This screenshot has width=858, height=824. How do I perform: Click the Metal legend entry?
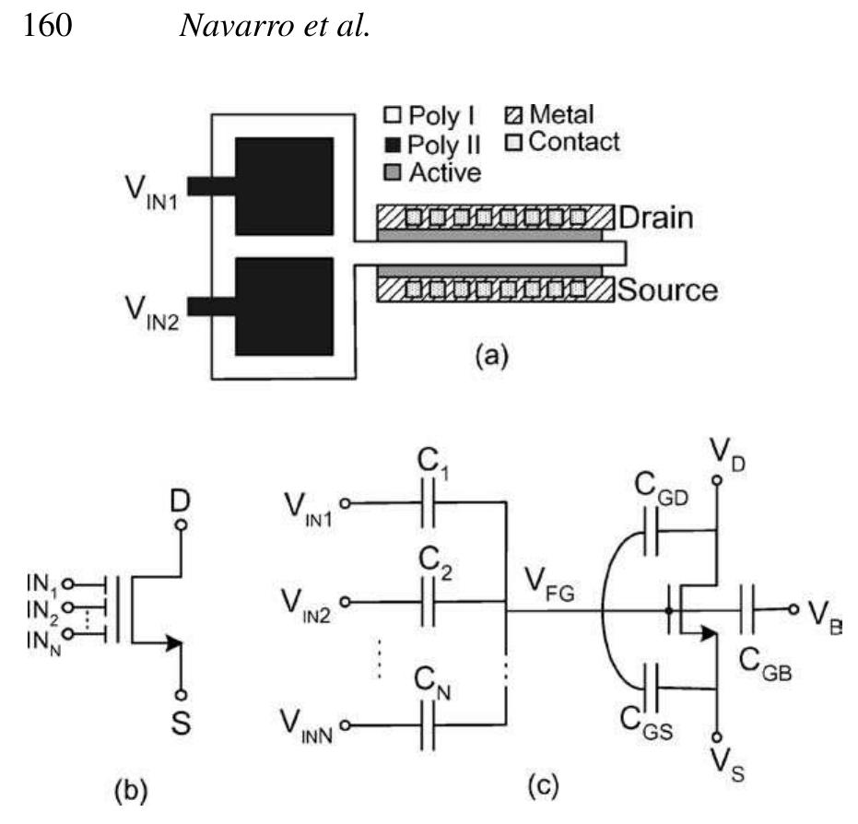point(550,115)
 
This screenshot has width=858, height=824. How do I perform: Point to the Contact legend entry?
point(563,142)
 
